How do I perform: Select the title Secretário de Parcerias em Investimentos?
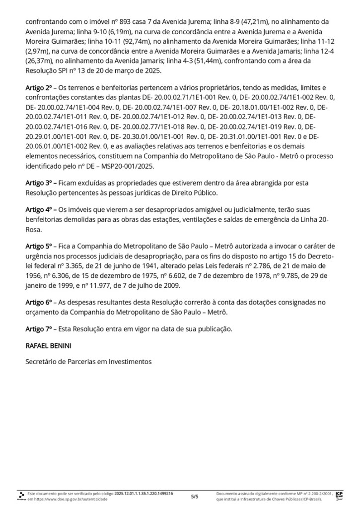tap(88, 362)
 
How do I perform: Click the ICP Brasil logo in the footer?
tap(339, 496)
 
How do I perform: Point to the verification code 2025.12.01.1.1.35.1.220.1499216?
tap(144, 494)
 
